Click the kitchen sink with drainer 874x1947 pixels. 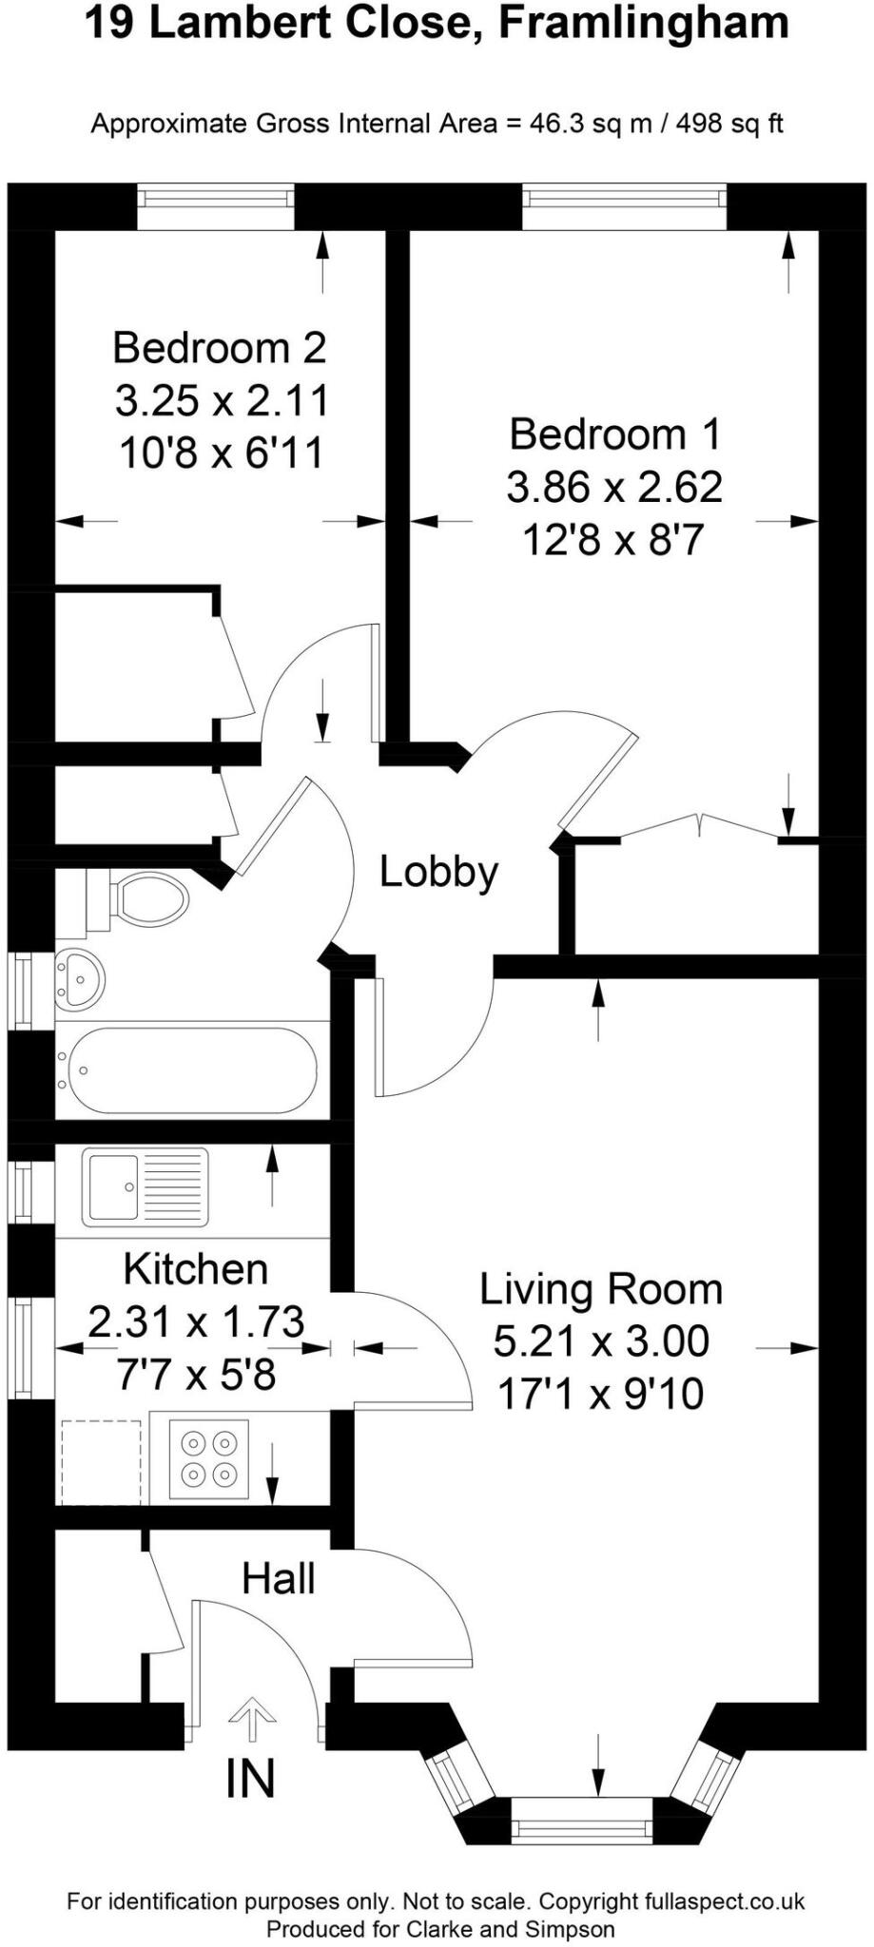tap(145, 1186)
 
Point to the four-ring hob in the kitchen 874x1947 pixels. tap(209, 1458)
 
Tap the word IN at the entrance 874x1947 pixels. tap(250, 1779)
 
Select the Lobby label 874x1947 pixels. tap(438, 872)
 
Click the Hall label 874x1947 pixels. tap(278, 1579)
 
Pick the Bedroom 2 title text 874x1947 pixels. tap(220, 348)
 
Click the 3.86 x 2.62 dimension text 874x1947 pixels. tap(614, 488)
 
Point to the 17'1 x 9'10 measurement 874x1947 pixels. tap(600, 1394)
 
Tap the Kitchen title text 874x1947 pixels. tap(196, 1269)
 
